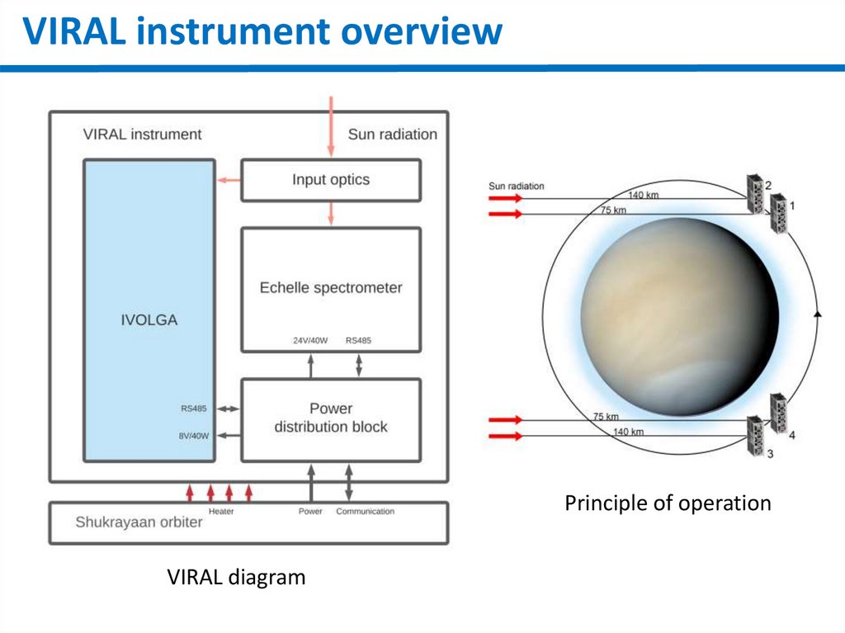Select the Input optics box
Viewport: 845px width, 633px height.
(330, 180)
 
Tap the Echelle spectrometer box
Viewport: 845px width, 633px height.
(330, 289)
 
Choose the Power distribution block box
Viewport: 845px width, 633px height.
(330, 418)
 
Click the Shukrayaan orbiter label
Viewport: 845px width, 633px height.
(139, 522)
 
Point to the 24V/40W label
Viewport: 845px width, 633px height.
(310, 340)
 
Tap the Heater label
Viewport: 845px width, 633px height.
(221, 512)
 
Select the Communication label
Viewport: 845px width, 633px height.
(365, 512)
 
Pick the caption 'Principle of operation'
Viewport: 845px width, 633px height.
(668, 503)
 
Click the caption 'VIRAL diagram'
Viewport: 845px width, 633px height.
(236, 577)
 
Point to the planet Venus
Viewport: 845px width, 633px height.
(679, 316)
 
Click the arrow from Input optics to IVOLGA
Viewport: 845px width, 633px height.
(229, 180)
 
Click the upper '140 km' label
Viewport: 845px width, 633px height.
(644, 196)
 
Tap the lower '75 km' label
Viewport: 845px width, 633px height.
(605, 417)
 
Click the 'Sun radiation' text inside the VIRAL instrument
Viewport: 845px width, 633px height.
(392, 134)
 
